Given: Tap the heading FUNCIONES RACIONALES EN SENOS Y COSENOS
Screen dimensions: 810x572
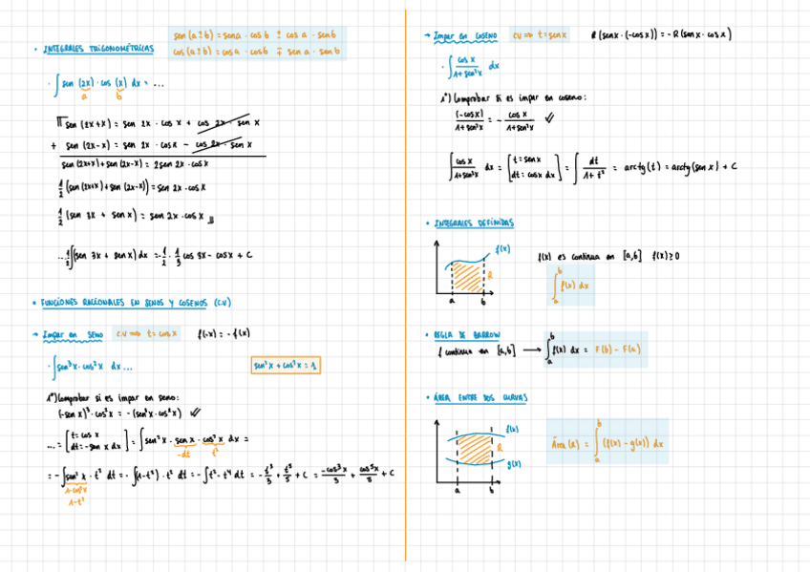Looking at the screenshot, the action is [136, 303].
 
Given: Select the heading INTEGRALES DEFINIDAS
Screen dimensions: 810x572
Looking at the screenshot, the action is [475, 223].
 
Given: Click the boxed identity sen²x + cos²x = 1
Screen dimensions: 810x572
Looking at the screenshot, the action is [286, 366].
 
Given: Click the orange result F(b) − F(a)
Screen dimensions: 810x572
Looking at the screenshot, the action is [618, 350].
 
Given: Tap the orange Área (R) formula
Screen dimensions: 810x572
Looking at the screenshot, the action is [607, 443].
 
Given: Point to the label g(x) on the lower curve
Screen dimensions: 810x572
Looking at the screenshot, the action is [514, 464].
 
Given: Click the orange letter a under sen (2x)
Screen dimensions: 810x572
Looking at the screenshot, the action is [84, 95].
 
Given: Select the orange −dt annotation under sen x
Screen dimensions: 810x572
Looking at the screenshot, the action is [185, 453].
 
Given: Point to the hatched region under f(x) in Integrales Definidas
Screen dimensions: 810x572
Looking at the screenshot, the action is [468, 277].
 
